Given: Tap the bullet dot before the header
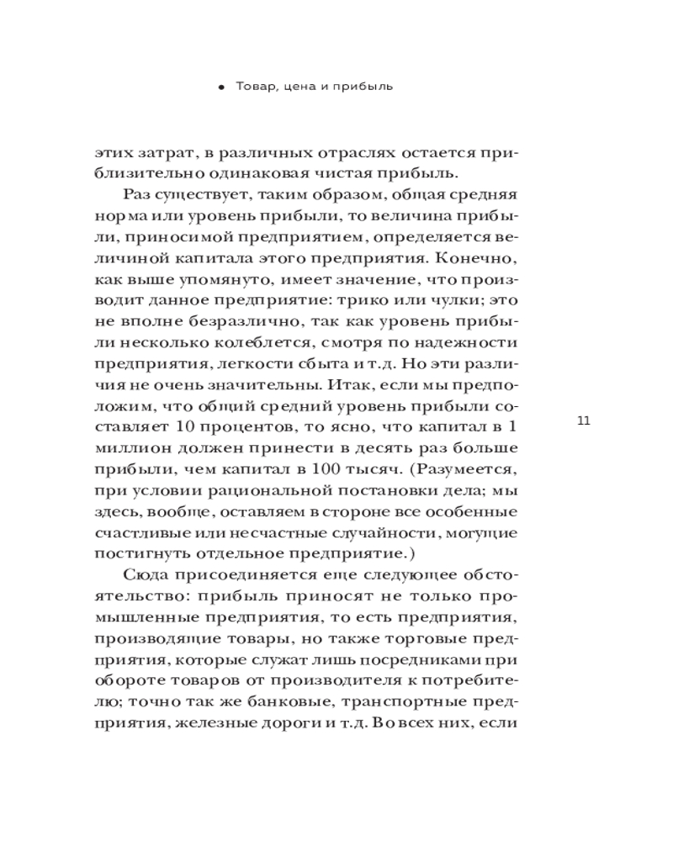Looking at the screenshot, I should pos(221,87).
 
